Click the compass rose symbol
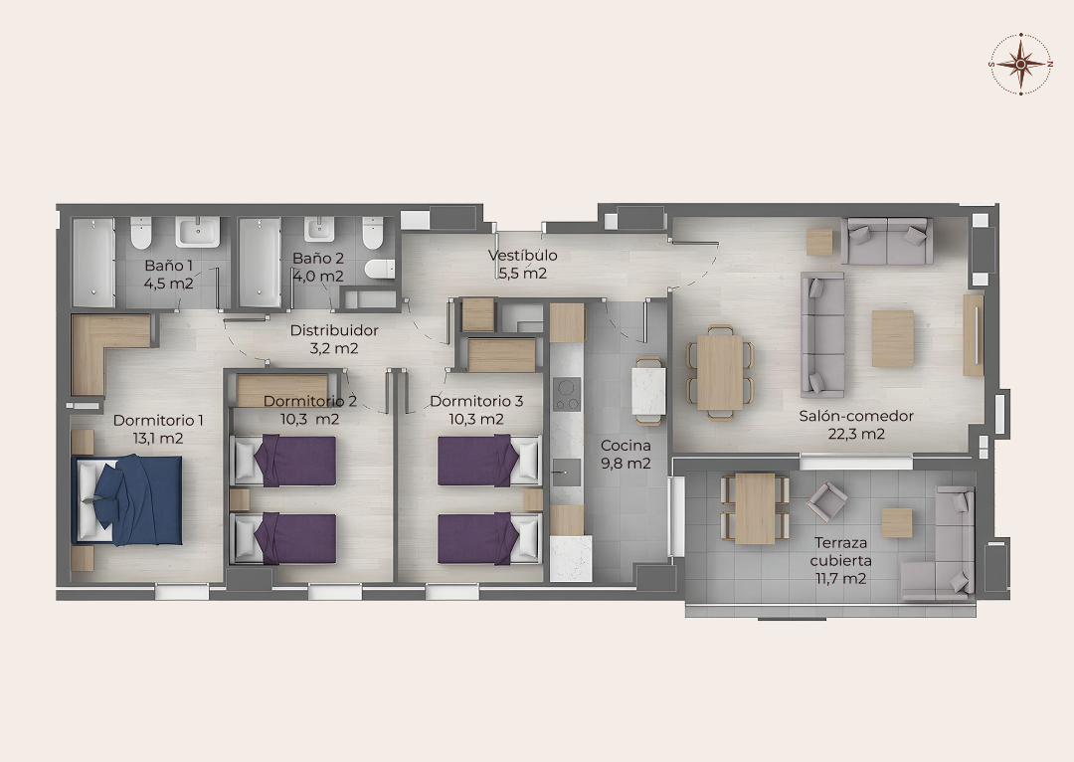pos(1020,64)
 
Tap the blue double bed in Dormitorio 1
pos(127,500)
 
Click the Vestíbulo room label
pos(523,255)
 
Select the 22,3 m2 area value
pos(856,434)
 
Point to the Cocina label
pos(626,446)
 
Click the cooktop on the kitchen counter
pos(567,394)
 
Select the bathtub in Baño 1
pos(93,263)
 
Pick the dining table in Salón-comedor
pos(720,372)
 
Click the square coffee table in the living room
pos(892,338)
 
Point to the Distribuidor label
pos(334,330)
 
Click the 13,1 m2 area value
pos(158,439)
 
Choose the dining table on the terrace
pos(755,508)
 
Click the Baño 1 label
pos(168,266)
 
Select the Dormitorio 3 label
pos(476,401)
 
